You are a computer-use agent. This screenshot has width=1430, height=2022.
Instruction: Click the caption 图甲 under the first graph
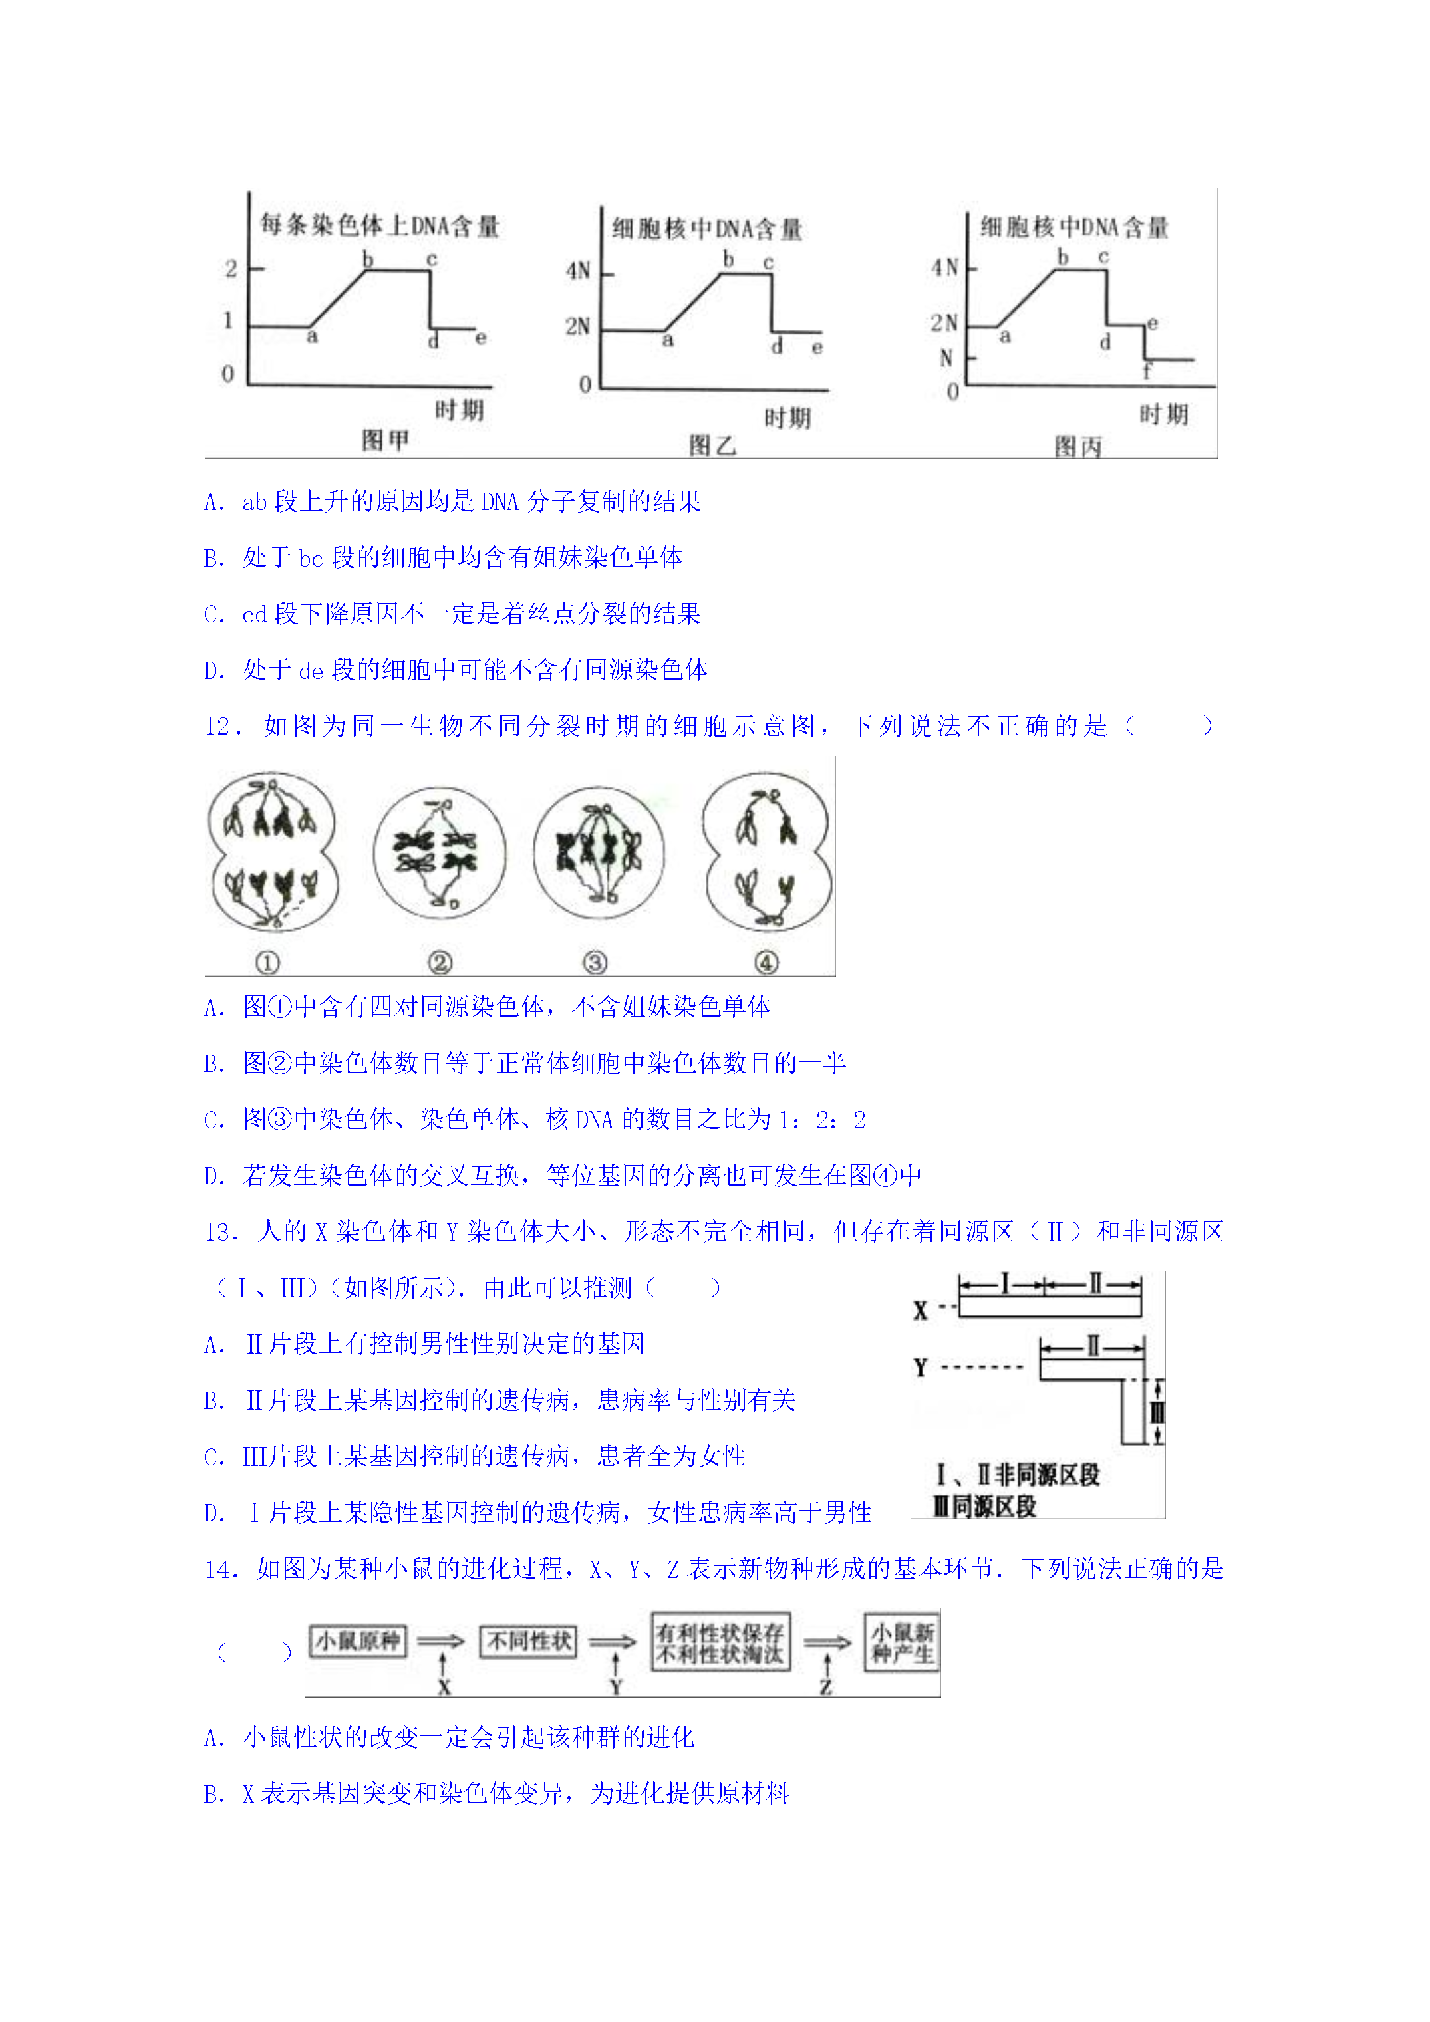click(x=385, y=440)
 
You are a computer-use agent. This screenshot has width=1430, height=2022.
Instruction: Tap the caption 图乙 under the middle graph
click(x=712, y=445)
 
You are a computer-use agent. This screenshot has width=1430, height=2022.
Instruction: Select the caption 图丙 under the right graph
click(x=1078, y=447)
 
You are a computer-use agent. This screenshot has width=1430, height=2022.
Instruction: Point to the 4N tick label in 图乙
click(x=578, y=271)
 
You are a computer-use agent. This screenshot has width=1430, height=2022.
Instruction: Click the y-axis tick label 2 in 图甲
click(x=231, y=269)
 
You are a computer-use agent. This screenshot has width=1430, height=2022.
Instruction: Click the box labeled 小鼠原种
click(x=358, y=1641)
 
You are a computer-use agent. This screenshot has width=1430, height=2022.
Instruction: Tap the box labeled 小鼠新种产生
click(x=903, y=1642)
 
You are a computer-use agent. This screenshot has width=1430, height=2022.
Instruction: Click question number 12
click(x=219, y=727)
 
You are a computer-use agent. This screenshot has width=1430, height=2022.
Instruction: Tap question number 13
click(x=219, y=1232)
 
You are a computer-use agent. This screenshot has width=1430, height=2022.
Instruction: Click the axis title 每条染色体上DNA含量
click(x=380, y=225)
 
